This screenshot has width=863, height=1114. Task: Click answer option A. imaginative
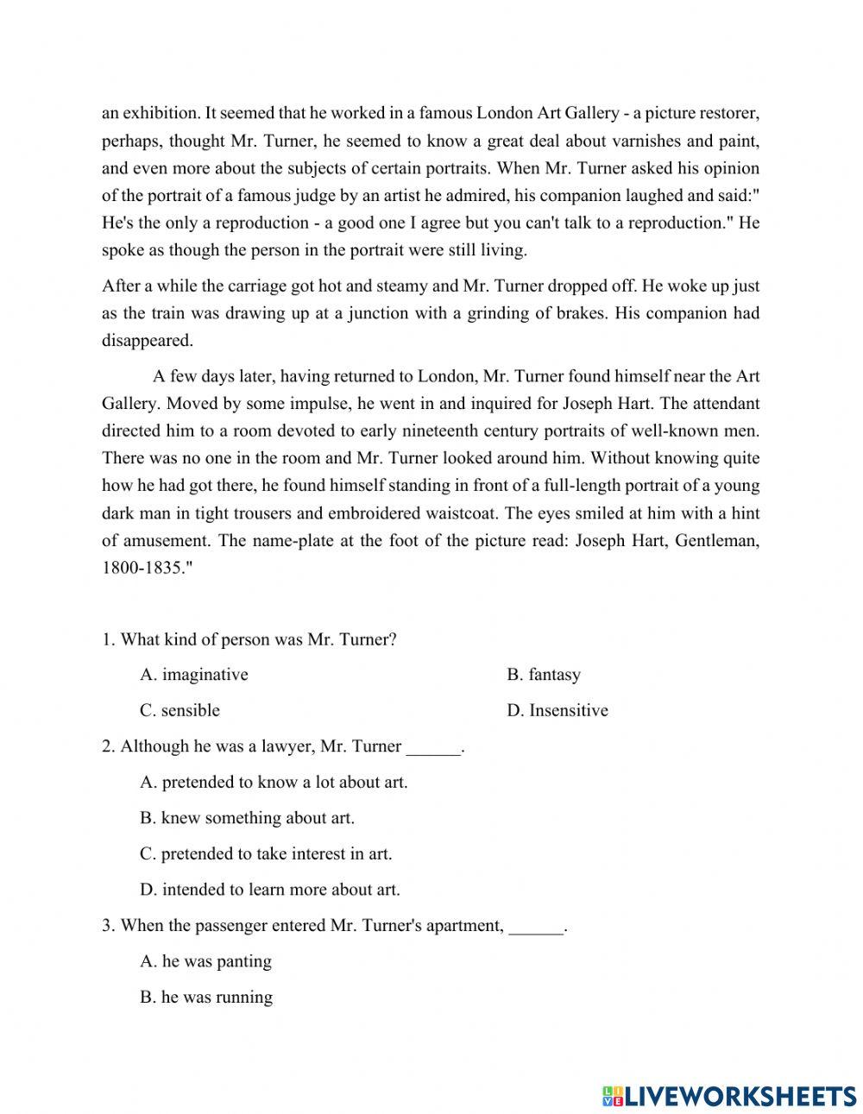coord(194,675)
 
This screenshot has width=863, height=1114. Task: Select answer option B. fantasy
coord(544,675)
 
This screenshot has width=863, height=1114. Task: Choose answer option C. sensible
coord(180,711)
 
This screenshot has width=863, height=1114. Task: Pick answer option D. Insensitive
coord(557,711)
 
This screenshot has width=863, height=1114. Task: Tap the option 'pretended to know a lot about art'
coord(274,783)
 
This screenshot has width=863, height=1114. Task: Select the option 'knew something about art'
coord(247,818)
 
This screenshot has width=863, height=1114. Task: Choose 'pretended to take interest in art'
coord(266,854)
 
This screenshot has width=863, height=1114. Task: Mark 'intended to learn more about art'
coord(270,890)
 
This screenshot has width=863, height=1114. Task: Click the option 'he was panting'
coord(205,961)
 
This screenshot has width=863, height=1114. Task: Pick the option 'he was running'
coord(206,998)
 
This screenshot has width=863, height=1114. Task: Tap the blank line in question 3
coord(536,928)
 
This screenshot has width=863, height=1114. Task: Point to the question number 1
coord(108,639)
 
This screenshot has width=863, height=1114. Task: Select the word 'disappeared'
coord(148,341)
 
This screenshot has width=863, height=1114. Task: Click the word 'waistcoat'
coord(462,514)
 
